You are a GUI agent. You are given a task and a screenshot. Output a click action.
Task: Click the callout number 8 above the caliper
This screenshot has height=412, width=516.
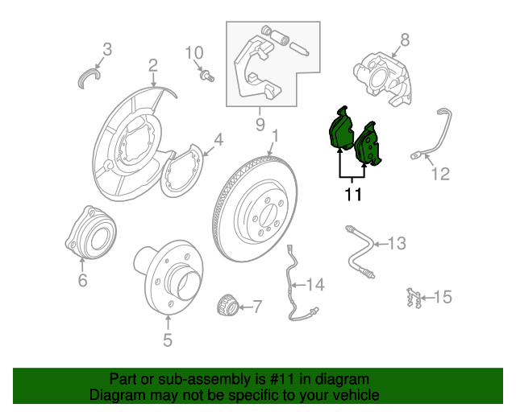point(405,39)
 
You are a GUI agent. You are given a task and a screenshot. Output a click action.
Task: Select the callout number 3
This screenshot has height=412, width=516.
point(107,49)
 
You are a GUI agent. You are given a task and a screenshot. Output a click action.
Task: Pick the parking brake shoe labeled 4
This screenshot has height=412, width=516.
point(183,169)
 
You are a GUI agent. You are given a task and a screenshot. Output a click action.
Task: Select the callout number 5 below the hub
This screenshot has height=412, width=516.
point(168,340)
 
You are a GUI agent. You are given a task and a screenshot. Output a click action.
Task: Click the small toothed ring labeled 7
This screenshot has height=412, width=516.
point(228,307)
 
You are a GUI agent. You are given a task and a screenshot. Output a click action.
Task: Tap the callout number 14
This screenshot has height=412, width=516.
point(314,284)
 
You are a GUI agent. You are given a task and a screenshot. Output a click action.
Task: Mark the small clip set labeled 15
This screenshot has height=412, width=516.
point(414,298)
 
